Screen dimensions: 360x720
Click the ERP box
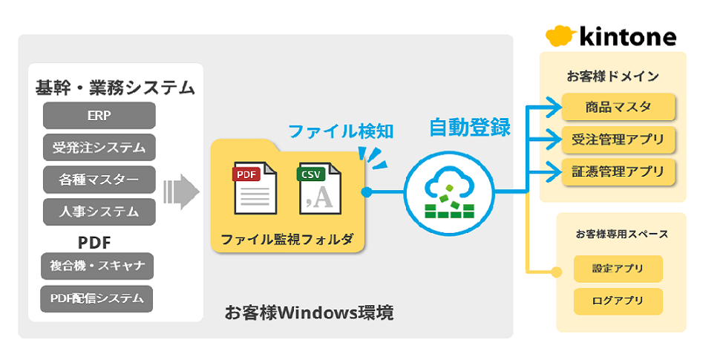tap(99, 116)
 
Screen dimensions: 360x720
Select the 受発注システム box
tap(99, 147)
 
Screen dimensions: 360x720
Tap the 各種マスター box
tap(99, 180)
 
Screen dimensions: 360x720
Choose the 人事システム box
tap(99, 212)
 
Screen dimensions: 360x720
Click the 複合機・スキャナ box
tap(96, 266)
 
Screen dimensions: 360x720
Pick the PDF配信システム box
tap(96, 298)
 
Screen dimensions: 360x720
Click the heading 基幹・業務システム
tap(115, 88)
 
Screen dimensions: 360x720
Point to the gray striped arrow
tap(181, 192)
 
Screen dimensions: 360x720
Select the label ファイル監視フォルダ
tap(287, 240)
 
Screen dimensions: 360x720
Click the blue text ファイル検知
tap(340, 131)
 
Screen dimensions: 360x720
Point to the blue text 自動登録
tap(470, 127)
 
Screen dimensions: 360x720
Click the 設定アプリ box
tap(618, 269)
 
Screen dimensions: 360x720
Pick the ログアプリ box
tap(618, 301)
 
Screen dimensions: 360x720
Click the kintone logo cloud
tap(560, 36)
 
